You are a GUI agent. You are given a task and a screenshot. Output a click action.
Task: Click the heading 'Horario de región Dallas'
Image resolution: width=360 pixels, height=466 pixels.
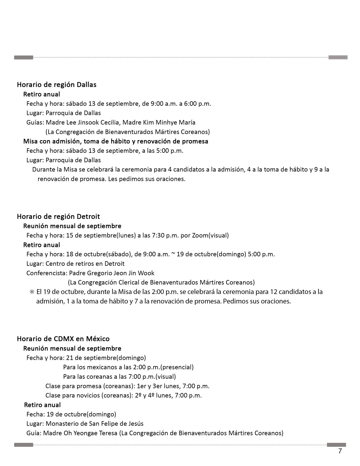[x=56, y=84]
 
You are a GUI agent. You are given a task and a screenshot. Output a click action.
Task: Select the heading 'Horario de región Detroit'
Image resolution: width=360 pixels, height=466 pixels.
[x=58, y=216]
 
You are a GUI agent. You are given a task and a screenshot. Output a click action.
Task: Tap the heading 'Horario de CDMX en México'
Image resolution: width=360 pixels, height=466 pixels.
[x=63, y=339]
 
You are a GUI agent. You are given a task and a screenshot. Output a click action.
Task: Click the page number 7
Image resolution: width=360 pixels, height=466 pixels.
[x=340, y=451]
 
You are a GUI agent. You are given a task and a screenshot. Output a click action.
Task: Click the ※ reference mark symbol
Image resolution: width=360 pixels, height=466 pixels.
[x=32, y=292]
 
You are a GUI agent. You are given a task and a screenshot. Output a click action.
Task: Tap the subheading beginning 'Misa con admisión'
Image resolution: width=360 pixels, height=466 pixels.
[x=115, y=141]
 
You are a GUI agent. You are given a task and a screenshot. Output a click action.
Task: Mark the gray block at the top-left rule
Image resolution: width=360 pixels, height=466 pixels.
[x=24, y=58]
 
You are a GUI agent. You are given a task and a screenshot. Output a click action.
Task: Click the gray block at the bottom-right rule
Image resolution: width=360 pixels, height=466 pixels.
[x=336, y=445]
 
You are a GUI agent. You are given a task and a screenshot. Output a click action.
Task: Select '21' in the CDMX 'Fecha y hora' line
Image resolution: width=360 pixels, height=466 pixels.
[x=69, y=358]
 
